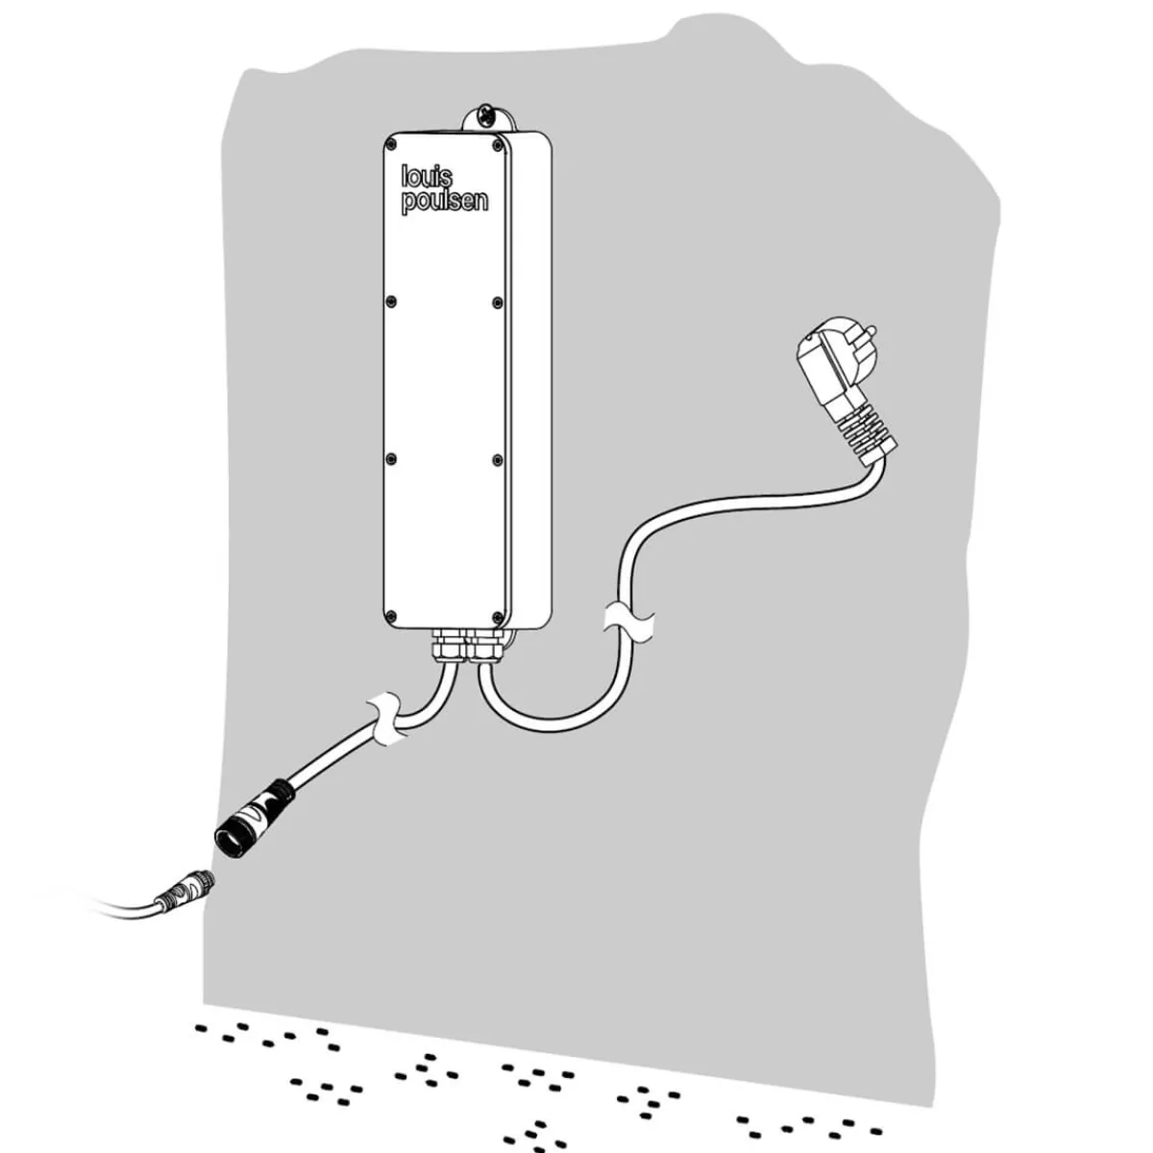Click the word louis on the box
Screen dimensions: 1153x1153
pos(428,177)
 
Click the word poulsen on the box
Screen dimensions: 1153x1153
pos(445,201)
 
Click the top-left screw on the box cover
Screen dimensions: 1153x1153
pos(391,143)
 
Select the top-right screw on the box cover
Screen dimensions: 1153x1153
pos(497,145)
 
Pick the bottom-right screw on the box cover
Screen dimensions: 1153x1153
pos(497,616)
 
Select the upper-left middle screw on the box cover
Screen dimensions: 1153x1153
pos(391,301)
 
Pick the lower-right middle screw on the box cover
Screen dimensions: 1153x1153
pos(497,459)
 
